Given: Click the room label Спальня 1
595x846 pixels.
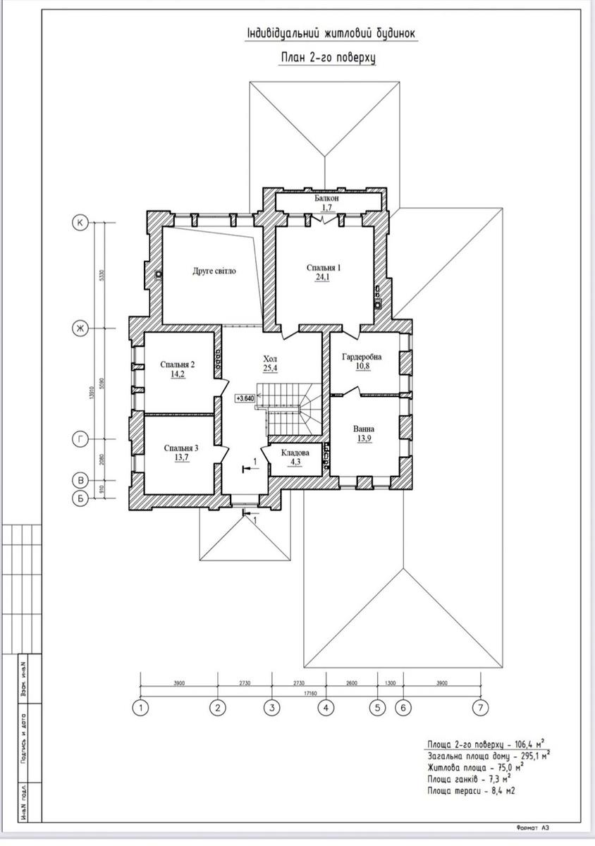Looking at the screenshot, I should tap(324, 268).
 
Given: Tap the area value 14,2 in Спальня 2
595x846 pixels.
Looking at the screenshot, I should tap(178, 375).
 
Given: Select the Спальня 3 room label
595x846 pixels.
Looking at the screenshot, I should tap(181, 448).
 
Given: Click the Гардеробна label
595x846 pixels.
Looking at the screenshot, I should tap(362, 357).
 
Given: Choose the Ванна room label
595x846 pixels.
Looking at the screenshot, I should tap(363, 429).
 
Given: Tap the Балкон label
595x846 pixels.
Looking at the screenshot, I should tap(326, 200).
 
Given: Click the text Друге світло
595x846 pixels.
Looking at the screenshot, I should tap(214, 271).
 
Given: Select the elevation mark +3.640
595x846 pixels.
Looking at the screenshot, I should tap(245, 398).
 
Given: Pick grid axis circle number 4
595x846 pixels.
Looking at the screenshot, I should tap(325, 707).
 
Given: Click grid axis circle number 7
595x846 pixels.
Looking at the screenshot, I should tap(481, 707).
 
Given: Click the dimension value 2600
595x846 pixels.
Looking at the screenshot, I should tap(351, 683).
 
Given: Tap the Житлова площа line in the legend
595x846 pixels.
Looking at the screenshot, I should tap(474, 768).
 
